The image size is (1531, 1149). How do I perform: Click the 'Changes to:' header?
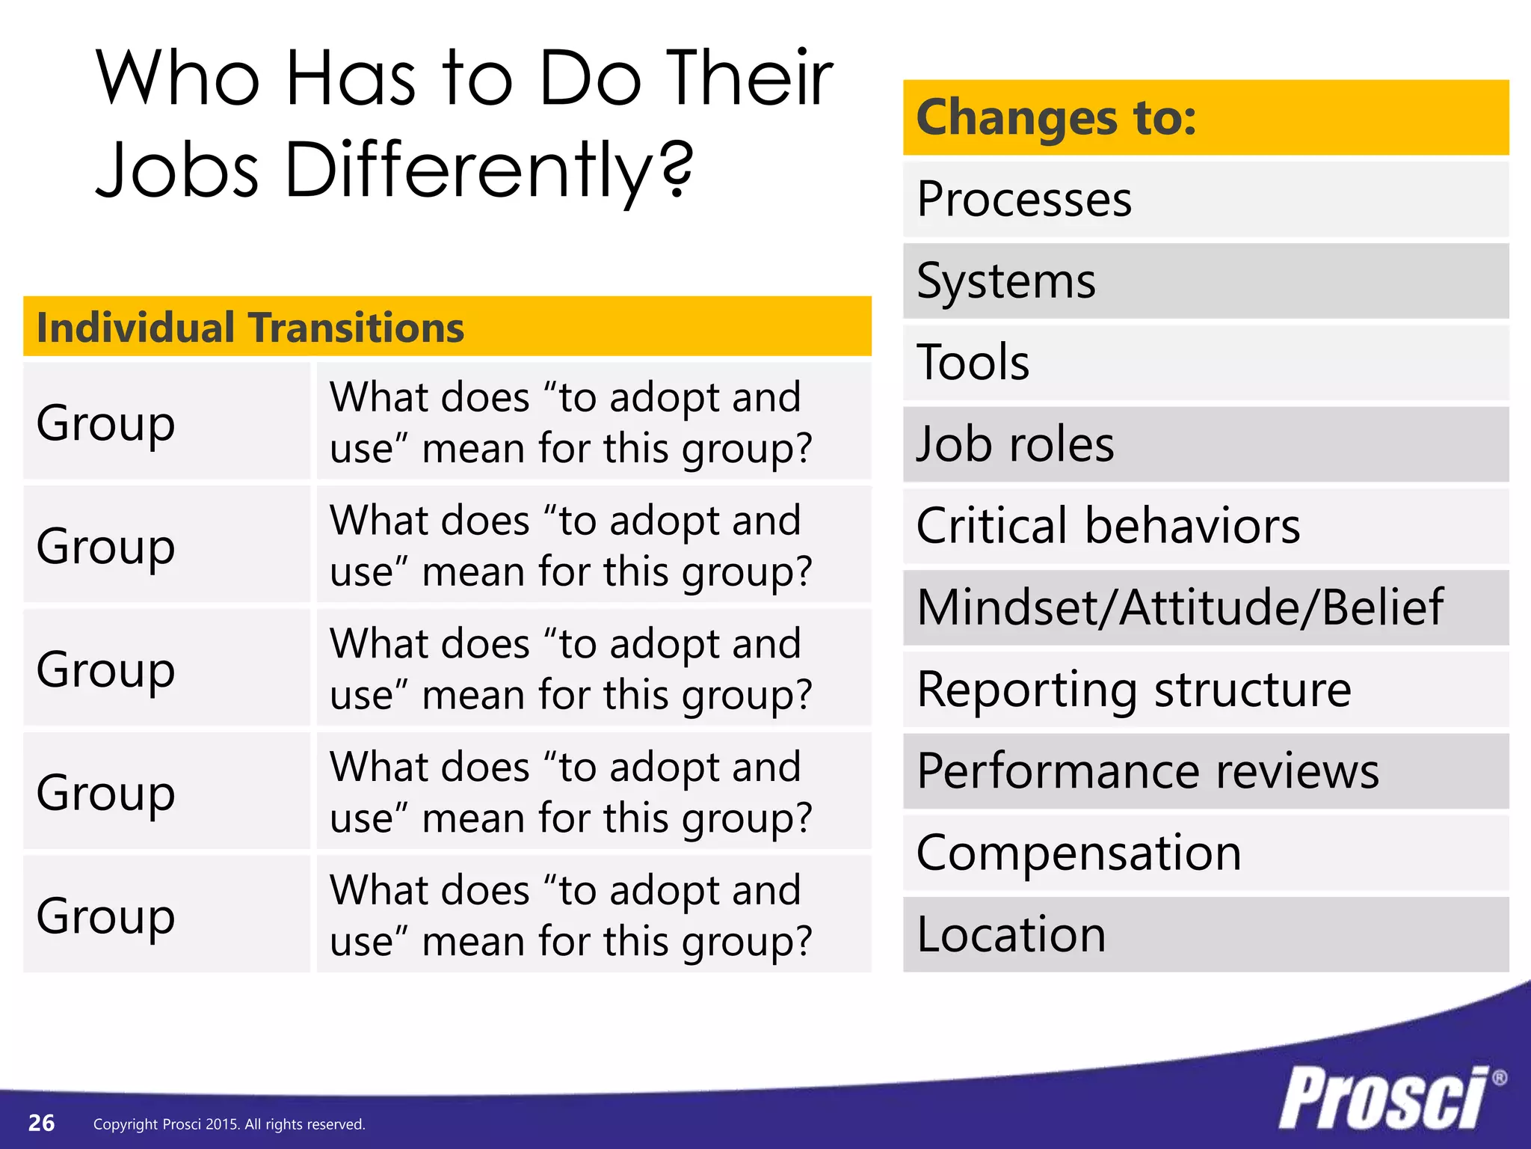coord(1056,117)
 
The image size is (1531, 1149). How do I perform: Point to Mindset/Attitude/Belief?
coord(1179,607)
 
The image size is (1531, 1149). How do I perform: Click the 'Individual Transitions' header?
coord(250,328)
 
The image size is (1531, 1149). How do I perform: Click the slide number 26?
coord(41,1123)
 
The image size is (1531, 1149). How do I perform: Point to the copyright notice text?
coord(229,1124)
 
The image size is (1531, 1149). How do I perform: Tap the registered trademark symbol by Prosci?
coord(1499,1078)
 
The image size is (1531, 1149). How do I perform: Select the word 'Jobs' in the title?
coord(178,171)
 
